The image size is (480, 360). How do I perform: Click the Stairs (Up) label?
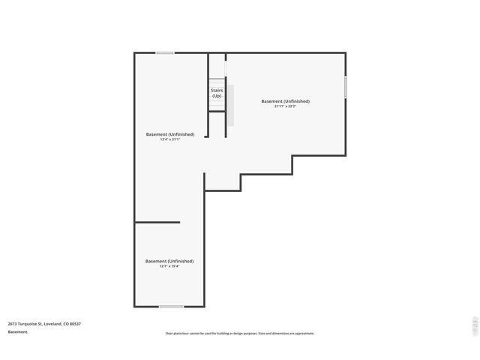tap(217, 93)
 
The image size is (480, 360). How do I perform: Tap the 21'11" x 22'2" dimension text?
tap(285, 106)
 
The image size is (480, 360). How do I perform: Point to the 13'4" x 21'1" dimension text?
tap(170, 139)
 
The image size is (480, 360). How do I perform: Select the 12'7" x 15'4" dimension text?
tap(169, 266)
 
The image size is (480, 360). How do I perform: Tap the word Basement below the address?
tap(17, 331)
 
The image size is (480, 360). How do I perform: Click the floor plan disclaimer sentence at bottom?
tap(240, 333)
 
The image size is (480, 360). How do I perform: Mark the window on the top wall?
tap(165, 52)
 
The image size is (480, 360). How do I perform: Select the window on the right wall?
tap(345, 87)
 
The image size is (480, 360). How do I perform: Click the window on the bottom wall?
tap(171, 306)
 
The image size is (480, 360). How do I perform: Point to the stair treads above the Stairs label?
tap(217, 82)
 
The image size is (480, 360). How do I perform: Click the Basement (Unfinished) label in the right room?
tap(285, 101)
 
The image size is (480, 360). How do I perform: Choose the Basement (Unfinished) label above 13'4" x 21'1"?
tap(170, 134)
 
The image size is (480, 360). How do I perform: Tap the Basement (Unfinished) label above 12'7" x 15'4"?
tap(169, 261)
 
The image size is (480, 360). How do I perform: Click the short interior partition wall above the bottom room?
tap(157, 222)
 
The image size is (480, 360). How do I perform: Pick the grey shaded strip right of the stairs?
tap(232, 105)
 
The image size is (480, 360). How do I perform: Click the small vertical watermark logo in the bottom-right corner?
tap(473, 325)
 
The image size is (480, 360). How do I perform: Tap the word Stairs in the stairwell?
tap(217, 90)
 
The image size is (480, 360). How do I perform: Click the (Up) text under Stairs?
tap(217, 96)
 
